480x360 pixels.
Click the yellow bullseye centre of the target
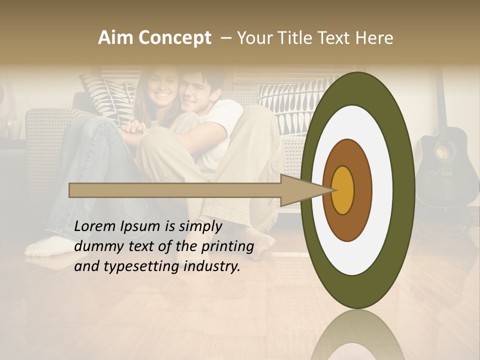tap(343, 190)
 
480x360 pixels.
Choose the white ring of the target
tap(382, 190)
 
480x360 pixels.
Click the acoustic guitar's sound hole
tap(441, 153)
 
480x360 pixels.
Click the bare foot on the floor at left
tap(47, 245)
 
